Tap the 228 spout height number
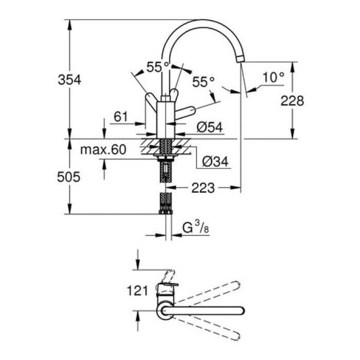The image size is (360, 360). (x=293, y=100)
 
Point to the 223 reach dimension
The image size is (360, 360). (x=204, y=189)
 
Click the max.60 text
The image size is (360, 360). (x=103, y=151)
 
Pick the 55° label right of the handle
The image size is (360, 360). (x=204, y=82)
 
